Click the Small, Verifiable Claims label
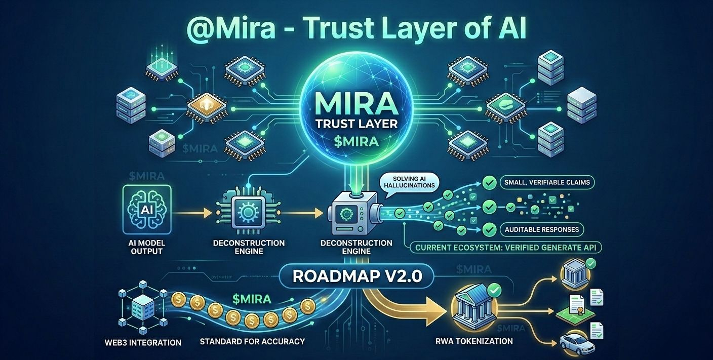coord(546,182)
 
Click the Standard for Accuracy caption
coord(252,341)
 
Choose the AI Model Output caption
coord(147,247)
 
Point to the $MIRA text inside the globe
coord(356,141)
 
